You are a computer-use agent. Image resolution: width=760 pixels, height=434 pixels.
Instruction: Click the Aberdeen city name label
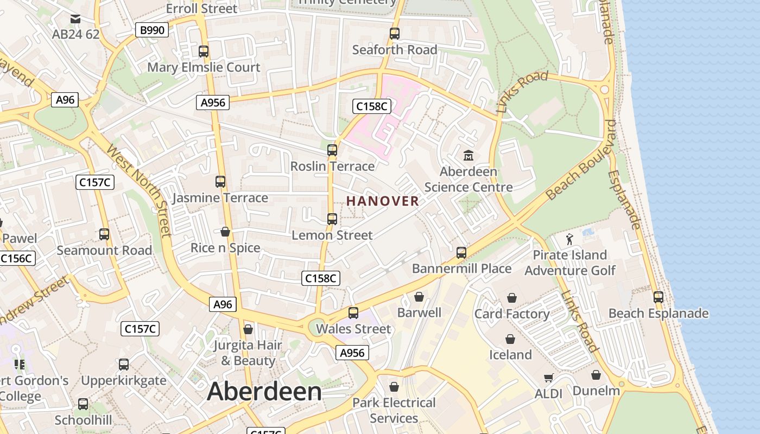pyautogui.click(x=264, y=392)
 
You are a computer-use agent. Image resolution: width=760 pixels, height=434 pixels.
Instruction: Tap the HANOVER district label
pyautogui.click(x=383, y=201)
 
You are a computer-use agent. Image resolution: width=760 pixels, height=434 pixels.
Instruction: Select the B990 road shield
pyautogui.click(x=152, y=30)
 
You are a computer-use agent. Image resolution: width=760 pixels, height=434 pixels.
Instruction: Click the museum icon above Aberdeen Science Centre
pyautogui.click(x=468, y=156)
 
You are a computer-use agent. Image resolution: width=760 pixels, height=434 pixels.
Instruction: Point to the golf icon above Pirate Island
pyautogui.click(x=569, y=239)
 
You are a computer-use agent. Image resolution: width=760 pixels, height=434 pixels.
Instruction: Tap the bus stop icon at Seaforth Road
pyautogui.click(x=395, y=34)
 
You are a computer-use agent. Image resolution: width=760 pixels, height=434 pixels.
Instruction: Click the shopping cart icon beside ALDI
pyautogui.click(x=549, y=378)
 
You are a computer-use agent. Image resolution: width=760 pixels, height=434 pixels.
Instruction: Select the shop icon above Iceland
pyautogui.click(x=510, y=340)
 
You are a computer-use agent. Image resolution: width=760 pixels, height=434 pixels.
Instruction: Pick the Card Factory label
pyautogui.click(x=512, y=314)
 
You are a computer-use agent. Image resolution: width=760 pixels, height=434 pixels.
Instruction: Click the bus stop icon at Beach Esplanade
pyautogui.click(x=658, y=297)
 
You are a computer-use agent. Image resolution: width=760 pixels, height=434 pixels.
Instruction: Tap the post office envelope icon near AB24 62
pyautogui.click(x=75, y=20)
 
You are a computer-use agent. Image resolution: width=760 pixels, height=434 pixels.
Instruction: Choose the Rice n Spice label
pyautogui.click(x=225, y=248)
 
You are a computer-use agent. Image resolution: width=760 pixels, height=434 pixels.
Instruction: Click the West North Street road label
pyautogui.click(x=140, y=190)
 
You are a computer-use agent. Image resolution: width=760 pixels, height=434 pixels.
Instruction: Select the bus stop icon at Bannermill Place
pyautogui.click(x=461, y=253)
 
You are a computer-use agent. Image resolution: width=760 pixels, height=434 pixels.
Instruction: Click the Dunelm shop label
pyautogui.click(x=596, y=391)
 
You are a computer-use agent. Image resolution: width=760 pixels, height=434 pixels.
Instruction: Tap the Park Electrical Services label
pyautogui.click(x=394, y=410)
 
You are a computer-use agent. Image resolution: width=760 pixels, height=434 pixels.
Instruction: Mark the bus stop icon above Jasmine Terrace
pyautogui.click(x=220, y=182)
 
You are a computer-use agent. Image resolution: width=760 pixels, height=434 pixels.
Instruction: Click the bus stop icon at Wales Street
pyautogui.click(x=353, y=313)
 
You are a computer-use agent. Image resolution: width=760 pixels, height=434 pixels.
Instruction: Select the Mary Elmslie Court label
pyautogui.click(x=204, y=67)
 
